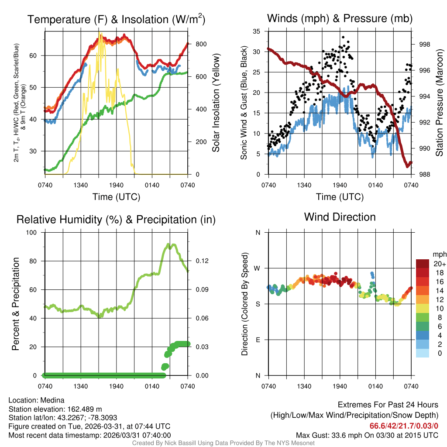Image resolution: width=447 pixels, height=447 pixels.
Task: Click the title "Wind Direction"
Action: click(x=340, y=217)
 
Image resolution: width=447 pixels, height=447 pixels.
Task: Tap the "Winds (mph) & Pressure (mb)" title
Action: click(x=340, y=19)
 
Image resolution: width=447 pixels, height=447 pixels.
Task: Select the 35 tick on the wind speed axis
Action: click(x=257, y=31)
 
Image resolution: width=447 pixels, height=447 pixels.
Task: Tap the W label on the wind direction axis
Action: click(x=258, y=268)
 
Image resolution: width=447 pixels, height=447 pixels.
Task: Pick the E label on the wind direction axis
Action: click(x=258, y=340)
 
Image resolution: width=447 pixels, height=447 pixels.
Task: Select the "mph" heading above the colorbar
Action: click(x=439, y=254)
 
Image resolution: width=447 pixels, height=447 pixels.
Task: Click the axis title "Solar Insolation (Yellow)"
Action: click(x=216, y=103)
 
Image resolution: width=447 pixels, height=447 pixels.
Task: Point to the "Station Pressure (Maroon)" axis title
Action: click(x=440, y=103)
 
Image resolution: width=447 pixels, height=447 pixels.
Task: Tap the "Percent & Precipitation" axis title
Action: click(x=16, y=303)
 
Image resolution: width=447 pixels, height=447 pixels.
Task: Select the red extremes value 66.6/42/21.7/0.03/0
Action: click(x=404, y=426)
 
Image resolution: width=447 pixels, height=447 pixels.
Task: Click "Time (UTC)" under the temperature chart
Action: click(x=116, y=197)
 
